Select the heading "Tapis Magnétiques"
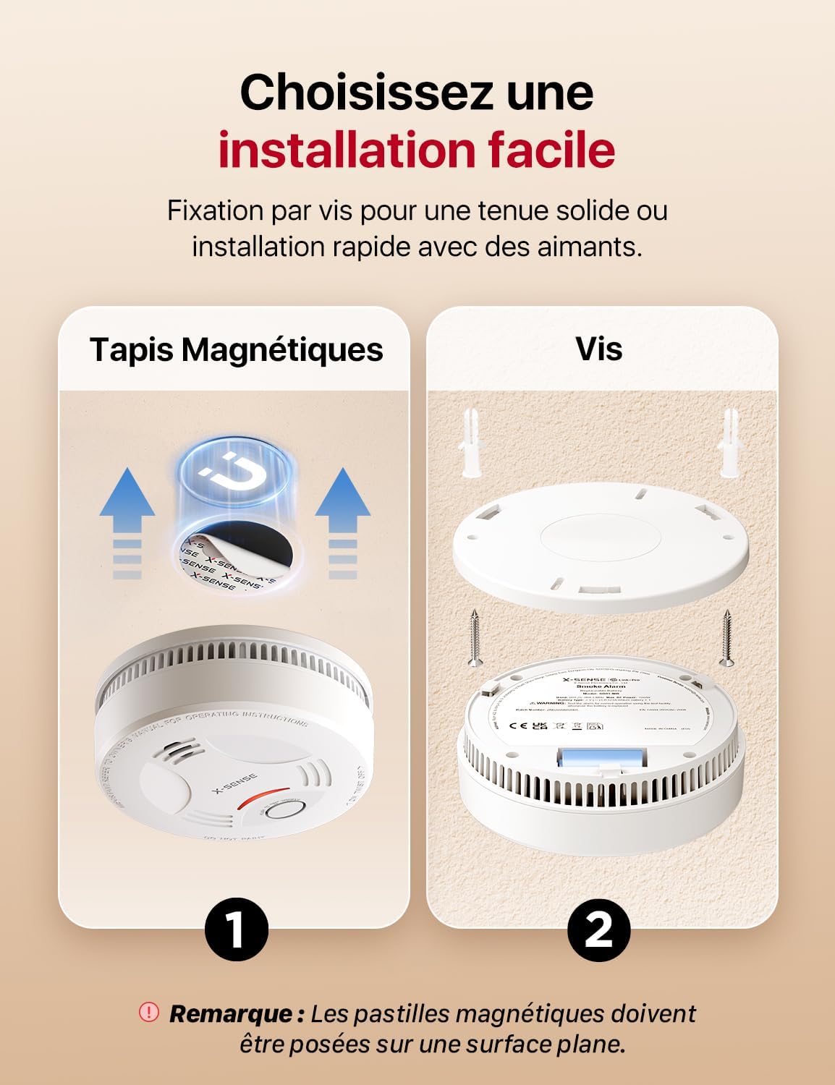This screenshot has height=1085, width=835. click(x=236, y=349)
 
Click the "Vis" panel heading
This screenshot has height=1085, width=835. click(x=598, y=349)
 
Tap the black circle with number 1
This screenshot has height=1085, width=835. click(x=236, y=929)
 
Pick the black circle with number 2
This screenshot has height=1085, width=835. click(x=598, y=929)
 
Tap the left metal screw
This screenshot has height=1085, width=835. click(x=475, y=637)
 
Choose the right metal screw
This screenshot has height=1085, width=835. click(x=726, y=637)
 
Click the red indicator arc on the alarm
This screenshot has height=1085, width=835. click(x=260, y=797)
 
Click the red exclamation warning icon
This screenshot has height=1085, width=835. click(x=148, y=1012)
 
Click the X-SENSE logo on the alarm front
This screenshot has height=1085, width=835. click(x=234, y=784)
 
